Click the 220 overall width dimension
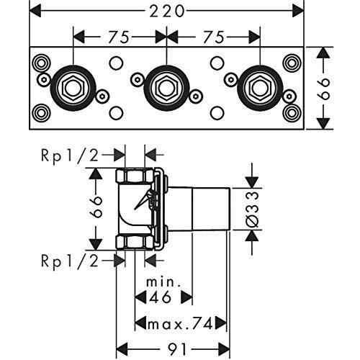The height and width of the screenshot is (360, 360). click(x=167, y=12)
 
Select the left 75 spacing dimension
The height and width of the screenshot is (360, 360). click(x=119, y=37)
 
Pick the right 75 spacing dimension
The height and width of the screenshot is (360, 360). click(x=214, y=37)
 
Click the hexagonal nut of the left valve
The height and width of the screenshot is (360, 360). click(x=73, y=88)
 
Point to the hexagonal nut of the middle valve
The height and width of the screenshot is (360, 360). click(x=166, y=88)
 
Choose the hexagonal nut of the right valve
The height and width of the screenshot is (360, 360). click(x=260, y=88)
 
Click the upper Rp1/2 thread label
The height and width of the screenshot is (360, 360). click(x=70, y=156)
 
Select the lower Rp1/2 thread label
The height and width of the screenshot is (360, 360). click(x=70, y=261)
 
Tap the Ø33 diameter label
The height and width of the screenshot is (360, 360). click(x=253, y=210)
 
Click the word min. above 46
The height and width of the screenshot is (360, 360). click(x=163, y=282)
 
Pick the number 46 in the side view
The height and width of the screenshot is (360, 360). click(x=160, y=297)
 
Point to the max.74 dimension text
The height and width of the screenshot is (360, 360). click(x=181, y=324)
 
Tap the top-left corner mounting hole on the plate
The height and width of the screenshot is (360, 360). click(x=41, y=63)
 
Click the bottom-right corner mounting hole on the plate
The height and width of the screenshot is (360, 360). click(x=292, y=112)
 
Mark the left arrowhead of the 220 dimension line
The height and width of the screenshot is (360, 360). click(x=35, y=12)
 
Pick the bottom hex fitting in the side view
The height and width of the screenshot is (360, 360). click(x=134, y=242)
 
